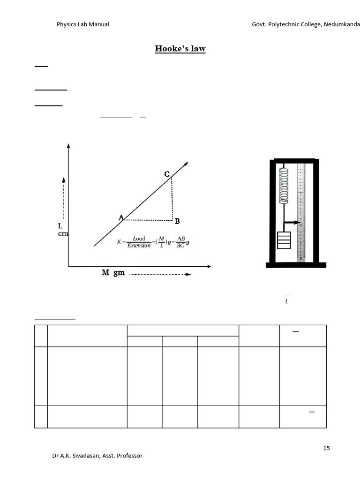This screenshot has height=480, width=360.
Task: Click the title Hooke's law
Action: point(180,49)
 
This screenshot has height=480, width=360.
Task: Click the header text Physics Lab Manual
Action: point(82,24)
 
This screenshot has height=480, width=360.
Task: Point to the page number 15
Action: point(326,448)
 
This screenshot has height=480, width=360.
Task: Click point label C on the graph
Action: point(167,174)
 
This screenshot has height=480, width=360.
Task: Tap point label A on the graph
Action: point(121,217)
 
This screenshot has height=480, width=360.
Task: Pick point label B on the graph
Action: point(177,221)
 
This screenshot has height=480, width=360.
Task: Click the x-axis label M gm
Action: point(113,273)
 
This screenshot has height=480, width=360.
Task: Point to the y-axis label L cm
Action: point(62,230)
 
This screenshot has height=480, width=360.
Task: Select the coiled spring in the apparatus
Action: point(283,186)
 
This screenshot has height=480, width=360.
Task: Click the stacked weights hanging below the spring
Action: point(284,240)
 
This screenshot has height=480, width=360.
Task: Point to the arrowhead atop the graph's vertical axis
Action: point(68,147)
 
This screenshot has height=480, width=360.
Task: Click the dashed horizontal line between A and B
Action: point(148,220)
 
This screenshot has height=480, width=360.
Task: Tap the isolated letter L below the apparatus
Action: point(287,302)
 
